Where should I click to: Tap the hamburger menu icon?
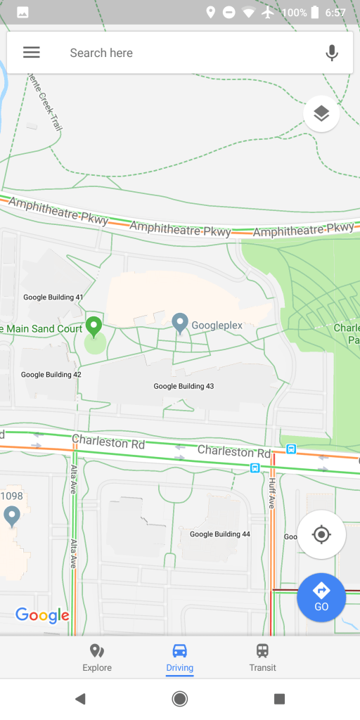tap(32, 53)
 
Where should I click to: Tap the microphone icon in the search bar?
tap(332, 53)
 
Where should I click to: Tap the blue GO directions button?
tap(321, 597)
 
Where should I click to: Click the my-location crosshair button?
tap(321, 535)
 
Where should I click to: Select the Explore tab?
tap(97, 657)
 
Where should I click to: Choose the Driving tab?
tap(180, 657)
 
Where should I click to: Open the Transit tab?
tap(262, 657)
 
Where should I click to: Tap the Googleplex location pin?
tap(181, 323)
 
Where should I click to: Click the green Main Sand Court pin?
tap(94, 326)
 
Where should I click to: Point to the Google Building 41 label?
tap(53, 297)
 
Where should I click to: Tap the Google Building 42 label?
tap(51, 375)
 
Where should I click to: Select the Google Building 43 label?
tap(184, 387)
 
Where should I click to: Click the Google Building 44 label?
tap(220, 534)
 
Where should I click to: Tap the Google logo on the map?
tap(42, 616)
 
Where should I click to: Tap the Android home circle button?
tap(180, 698)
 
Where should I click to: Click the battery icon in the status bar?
tap(314, 13)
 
